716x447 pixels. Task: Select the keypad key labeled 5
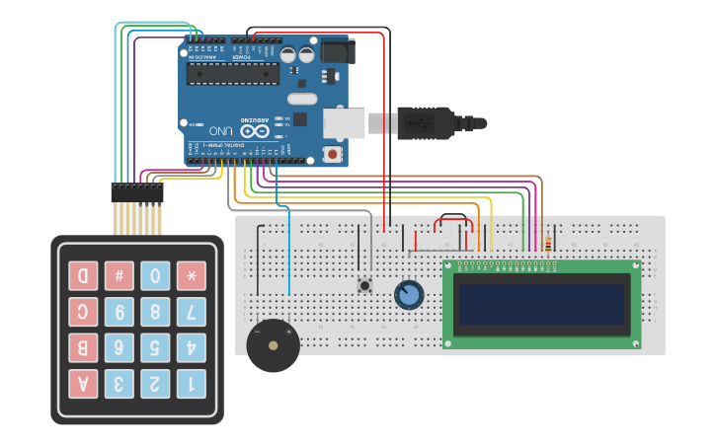tap(155, 347)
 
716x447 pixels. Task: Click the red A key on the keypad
tap(83, 383)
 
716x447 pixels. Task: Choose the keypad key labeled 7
tap(191, 312)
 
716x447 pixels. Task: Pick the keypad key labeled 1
tap(191, 383)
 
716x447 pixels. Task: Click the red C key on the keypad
tap(83, 312)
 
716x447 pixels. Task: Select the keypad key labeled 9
tap(119, 312)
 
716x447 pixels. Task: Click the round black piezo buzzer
tap(272, 344)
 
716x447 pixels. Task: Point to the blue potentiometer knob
tap(408, 294)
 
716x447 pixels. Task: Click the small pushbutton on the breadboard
tap(364, 285)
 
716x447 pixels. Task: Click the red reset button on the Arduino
tap(333, 154)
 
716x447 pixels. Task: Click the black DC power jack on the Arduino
tap(337, 50)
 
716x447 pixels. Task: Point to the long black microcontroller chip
tap(233, 74)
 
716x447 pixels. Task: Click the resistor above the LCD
tap(548, 243)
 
